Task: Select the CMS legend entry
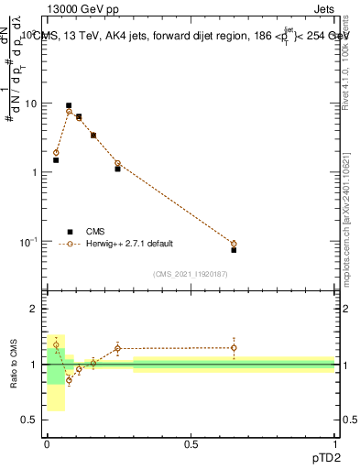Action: [94, 232]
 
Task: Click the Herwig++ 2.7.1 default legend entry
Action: [127, 244]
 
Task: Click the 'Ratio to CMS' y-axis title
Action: [15, 365]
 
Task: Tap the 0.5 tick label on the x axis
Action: [191, 444]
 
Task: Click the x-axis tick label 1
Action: [334, 444]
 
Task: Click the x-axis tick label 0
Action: [47, 444]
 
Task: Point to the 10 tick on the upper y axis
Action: [32, 104]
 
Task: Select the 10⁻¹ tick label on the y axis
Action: [29, 242]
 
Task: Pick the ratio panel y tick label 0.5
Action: [32, 420]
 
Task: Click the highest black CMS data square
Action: [69, 106]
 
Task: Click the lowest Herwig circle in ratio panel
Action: [69, 379]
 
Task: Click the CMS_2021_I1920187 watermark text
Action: [190, 274]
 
